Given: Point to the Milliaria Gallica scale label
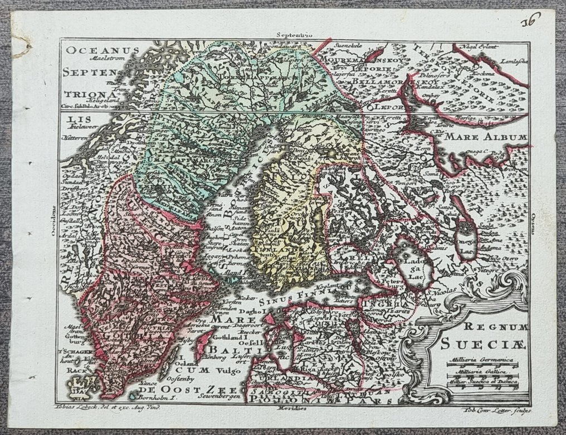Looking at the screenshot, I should coord(481,370).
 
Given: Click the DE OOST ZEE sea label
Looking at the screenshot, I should coord(189,389).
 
